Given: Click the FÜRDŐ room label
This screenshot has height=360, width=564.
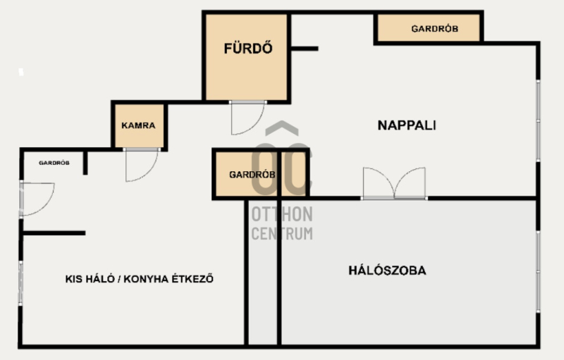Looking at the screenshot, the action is (x=248, y=48).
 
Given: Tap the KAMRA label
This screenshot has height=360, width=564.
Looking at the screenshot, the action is (x=138, y=125).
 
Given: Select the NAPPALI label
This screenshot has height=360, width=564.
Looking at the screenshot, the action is (x=407, y=125).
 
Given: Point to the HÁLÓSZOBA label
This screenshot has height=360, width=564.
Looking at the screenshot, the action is (x=387, y=271).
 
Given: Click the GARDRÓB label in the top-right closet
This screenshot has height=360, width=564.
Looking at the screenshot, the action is (x=435, y=29).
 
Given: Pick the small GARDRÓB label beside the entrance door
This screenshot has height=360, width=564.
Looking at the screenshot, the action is (x=54, y=163).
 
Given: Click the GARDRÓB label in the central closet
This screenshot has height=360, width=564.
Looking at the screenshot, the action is (x=252, y=175).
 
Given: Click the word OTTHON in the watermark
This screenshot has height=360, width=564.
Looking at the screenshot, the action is (x=282, y=214).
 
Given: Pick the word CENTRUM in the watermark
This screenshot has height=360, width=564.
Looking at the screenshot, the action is (x=282, y=233).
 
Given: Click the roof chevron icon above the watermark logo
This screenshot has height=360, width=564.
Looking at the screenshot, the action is (x=282, y=128).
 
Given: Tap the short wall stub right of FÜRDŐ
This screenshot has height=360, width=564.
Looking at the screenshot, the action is (x=305, y=49).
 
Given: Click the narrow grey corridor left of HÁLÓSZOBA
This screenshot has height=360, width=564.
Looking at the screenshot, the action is (x=263, y=273).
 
